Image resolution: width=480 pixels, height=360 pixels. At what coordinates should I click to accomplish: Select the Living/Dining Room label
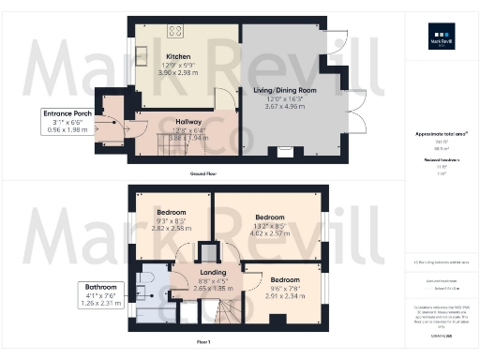tap(285, 90)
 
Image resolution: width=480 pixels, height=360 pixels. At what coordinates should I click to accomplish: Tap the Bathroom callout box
tap(101, 293)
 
